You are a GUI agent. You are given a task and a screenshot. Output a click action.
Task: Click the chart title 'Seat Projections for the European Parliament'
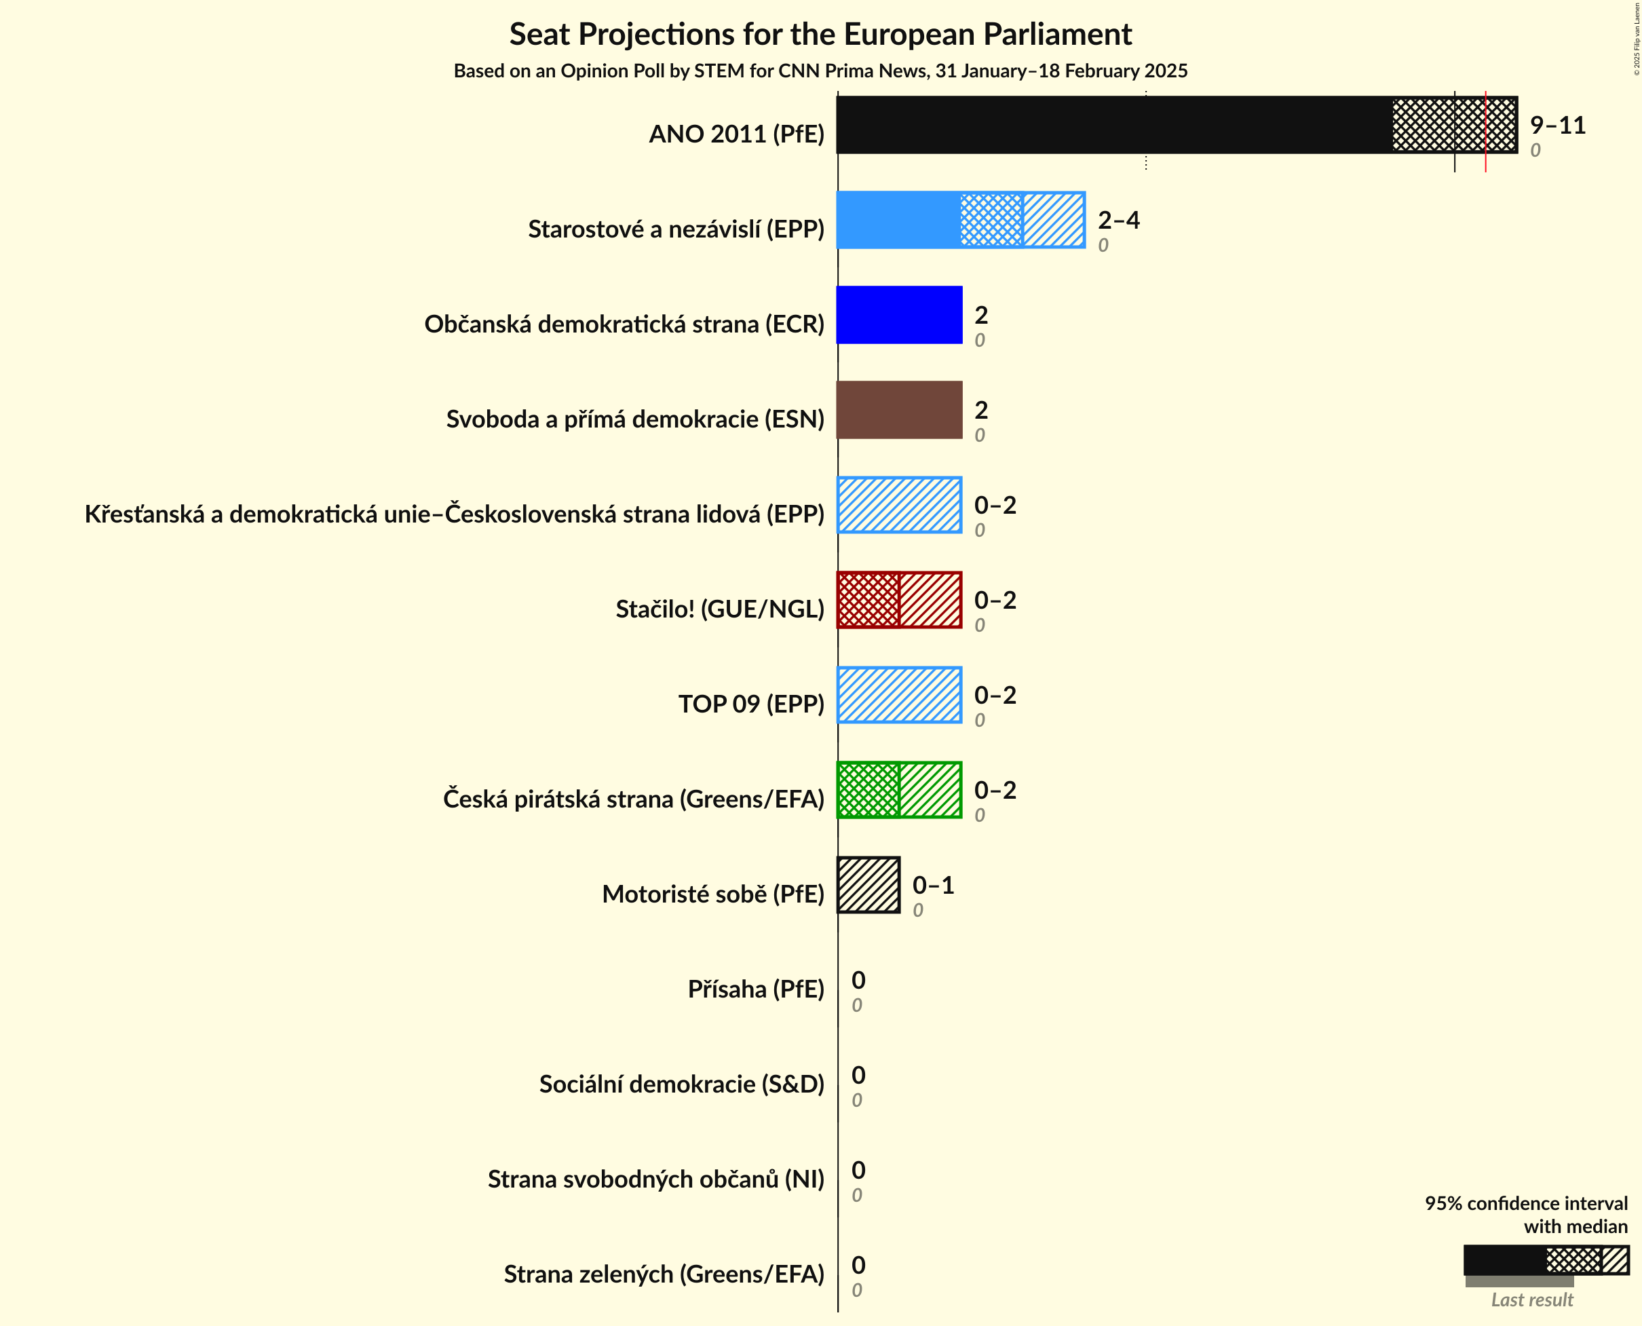[820, 35]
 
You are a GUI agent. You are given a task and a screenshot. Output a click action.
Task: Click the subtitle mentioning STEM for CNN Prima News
[820, 71]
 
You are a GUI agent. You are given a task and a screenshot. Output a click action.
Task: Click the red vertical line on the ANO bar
[1485, 130]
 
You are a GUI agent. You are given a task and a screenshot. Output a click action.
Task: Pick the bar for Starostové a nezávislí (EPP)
[961, 220]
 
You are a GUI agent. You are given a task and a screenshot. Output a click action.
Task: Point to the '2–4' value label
[1118, 220]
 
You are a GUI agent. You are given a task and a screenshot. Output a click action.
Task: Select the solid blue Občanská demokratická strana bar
[900, 315]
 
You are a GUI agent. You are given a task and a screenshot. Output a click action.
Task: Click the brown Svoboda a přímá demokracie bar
[900, 410]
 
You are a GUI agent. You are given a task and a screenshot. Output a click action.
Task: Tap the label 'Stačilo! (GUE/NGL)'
[719, 609]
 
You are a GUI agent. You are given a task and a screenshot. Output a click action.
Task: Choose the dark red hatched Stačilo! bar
[900, 600]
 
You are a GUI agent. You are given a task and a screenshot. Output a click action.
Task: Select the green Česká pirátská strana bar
[900, 790]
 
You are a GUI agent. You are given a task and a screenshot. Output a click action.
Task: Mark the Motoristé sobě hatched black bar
[869, 884]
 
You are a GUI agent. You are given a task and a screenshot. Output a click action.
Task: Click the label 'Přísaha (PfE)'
[755, 989]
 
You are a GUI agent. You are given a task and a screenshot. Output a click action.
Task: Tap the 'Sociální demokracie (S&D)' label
[681, 1084]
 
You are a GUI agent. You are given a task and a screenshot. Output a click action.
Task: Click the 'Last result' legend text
[1531, 1300]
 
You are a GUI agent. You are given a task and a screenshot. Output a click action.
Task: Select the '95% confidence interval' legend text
[1525, 1203]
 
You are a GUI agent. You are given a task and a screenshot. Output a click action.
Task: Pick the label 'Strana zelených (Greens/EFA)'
[664, 1274]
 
